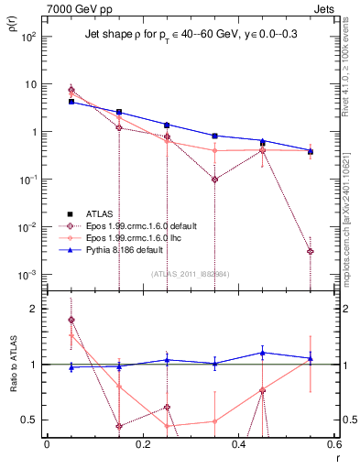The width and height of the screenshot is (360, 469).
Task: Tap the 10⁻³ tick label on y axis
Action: point(28,275)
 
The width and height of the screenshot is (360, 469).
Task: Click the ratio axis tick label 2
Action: point(32,309)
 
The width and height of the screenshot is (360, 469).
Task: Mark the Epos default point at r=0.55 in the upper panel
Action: point(311,251)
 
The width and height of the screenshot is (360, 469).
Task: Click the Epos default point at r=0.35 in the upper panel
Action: point(214,180)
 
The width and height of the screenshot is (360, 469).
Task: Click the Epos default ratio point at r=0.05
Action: point(71,320)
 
